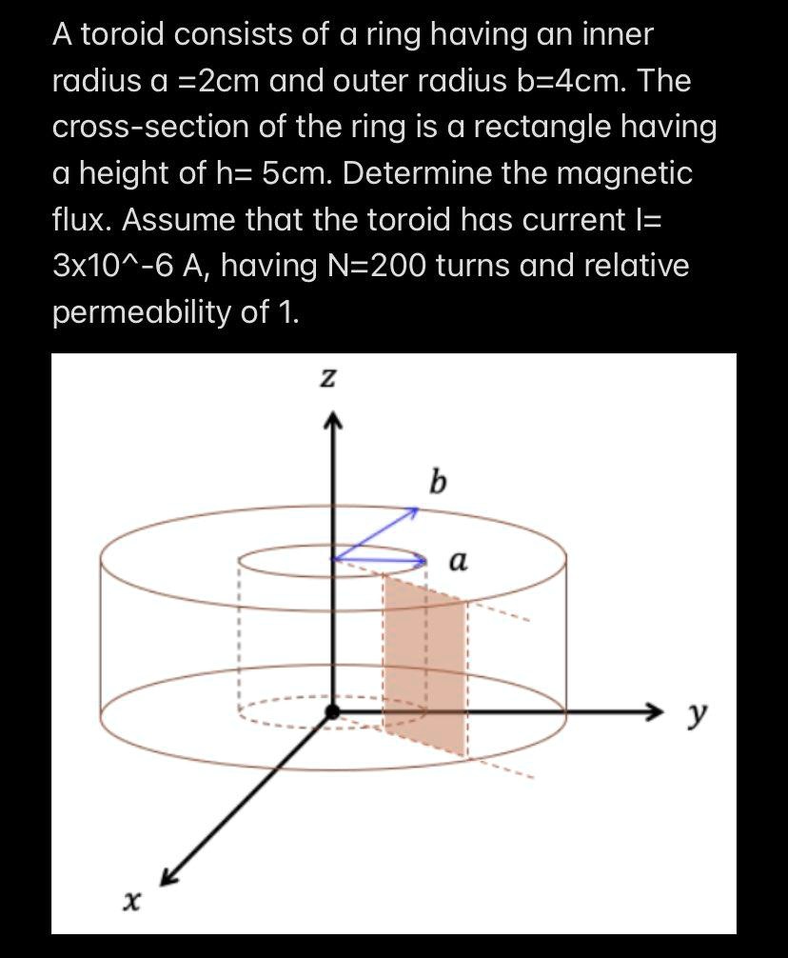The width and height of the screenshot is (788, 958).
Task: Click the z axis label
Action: coord(326,379)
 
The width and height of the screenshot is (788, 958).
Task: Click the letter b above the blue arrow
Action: coord(437,482)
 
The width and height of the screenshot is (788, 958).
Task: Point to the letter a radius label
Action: coord(457,563)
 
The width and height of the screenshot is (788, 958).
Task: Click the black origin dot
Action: coord(331,711)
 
